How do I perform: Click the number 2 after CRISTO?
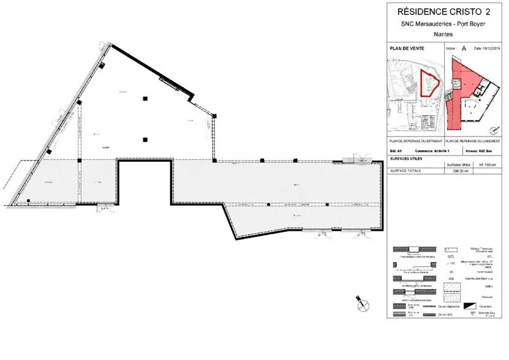(x=488, y=10)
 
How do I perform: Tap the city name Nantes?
(x=447, y=35)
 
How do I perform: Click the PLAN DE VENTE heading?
(x=407, y=47)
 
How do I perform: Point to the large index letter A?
(x=464, y=47)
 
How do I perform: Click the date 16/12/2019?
(x=492, y=47)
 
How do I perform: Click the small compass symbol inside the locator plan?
(x=493, y=129)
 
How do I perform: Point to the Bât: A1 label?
(x=395, y=150)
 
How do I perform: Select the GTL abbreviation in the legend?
(x=451, y=257)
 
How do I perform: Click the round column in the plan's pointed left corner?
(x=28, y=201)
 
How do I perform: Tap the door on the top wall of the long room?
(x=357, y=160)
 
